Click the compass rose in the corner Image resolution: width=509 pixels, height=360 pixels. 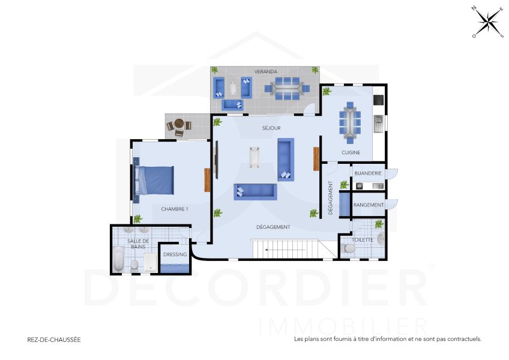[x=487, y=22]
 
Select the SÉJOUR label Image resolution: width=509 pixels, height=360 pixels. [x=272, y=128]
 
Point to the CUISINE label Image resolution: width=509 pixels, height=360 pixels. [x=351, y=152]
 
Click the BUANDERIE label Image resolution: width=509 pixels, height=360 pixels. [x=368, y=173]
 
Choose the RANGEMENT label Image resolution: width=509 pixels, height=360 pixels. [x=369, y=205]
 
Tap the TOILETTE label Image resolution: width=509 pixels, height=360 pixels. [x=363, y=239]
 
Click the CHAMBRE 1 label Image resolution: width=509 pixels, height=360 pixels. [x=175, y=209]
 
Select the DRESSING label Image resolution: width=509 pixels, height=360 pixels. [x=175, y=254]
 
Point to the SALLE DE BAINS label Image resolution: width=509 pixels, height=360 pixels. [x=138, y=244]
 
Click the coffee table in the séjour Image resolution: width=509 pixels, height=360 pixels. [x=254, y=157]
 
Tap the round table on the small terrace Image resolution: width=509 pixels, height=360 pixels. [x=179, y=125]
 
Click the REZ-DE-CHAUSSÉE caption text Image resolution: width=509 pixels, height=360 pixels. [x=54, y=339]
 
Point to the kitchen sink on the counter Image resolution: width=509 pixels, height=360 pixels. [x=378, y=123]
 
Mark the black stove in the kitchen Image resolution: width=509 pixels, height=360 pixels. [x=378, y=100]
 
